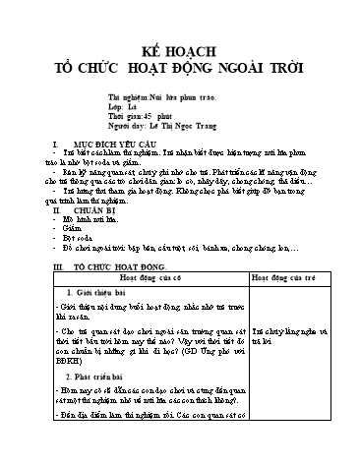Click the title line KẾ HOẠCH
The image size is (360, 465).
click(179, 51)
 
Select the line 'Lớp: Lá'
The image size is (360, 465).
click(121, 108)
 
